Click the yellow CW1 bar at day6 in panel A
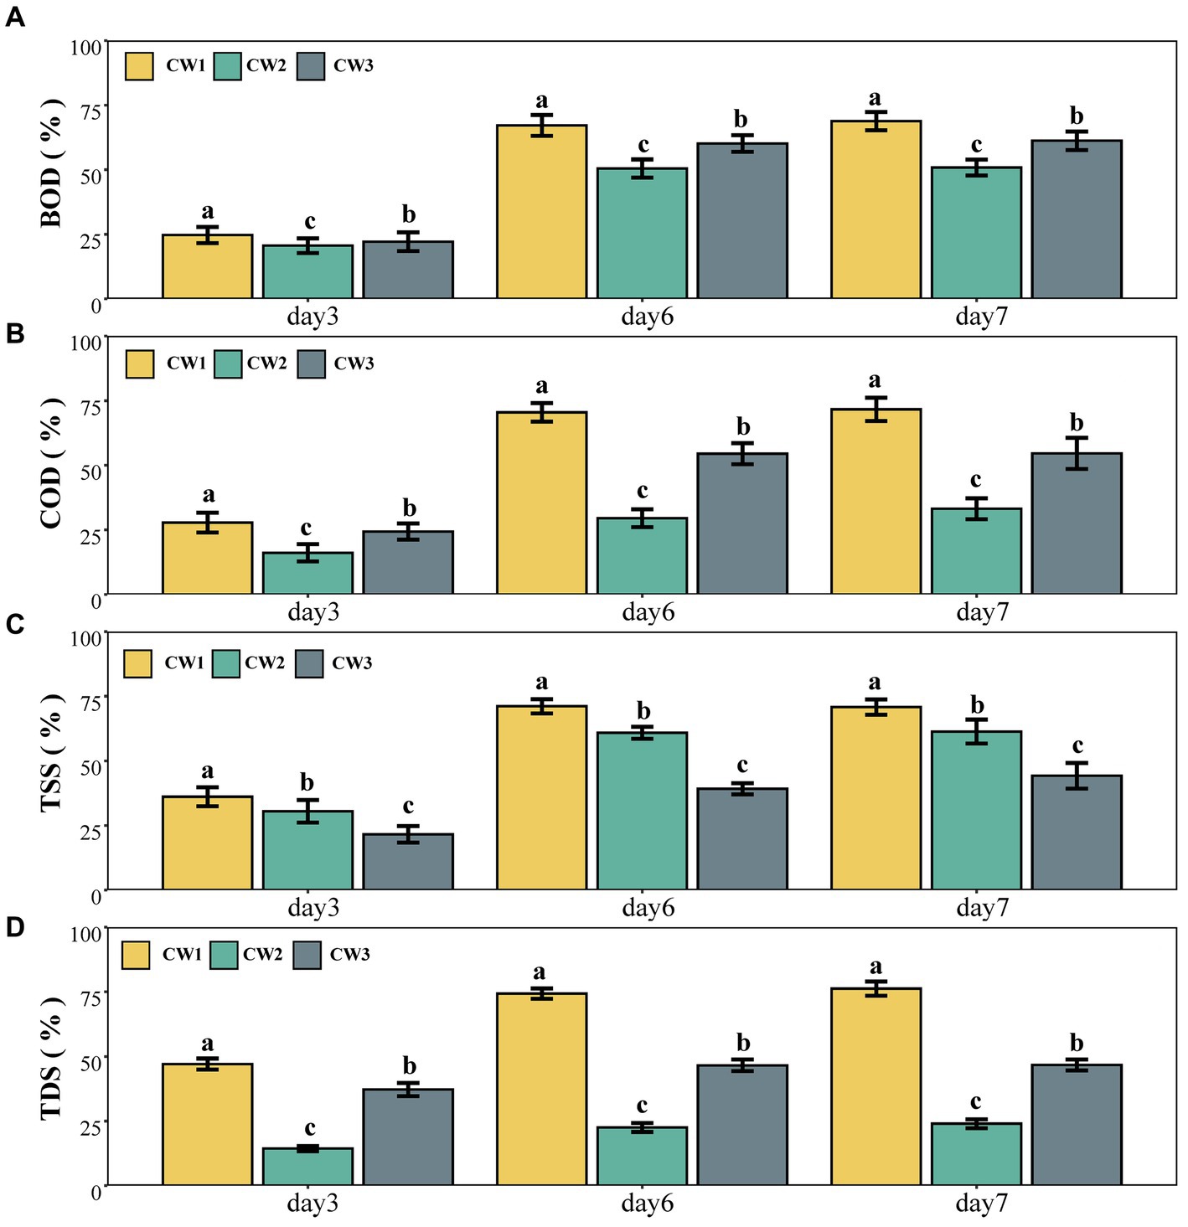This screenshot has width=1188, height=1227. click(x=542, y=211)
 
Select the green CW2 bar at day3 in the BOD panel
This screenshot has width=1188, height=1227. click(x=307, y=271)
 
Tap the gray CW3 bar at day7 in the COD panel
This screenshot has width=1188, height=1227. click(x=1077, y=523)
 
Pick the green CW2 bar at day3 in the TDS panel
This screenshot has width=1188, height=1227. click(x=307, y=1167)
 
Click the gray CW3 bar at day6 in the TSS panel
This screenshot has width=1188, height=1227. click(x=742, y=838)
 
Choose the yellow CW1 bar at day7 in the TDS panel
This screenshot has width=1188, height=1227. click(x=876, y=1086)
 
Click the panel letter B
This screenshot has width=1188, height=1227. click(x=14, y=333)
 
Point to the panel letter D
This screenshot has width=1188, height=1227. click(x=14, y=927)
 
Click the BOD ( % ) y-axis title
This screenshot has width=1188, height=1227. click(x=52, y=162)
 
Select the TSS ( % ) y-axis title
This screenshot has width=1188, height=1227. click(x=52, y=754)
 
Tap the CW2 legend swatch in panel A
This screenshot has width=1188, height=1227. click(x=227, y=66)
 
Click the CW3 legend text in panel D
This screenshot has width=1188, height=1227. click(x=349, y=954)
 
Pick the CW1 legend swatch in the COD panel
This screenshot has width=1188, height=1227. click(x=139, y=364)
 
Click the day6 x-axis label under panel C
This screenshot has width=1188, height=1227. click(x=648, y=908)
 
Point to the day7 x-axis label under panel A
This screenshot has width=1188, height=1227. click(x=982, y=316)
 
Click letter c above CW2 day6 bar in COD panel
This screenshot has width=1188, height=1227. click(x=642, y=491)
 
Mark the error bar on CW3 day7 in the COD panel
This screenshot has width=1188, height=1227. click(x=1077, y=453)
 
